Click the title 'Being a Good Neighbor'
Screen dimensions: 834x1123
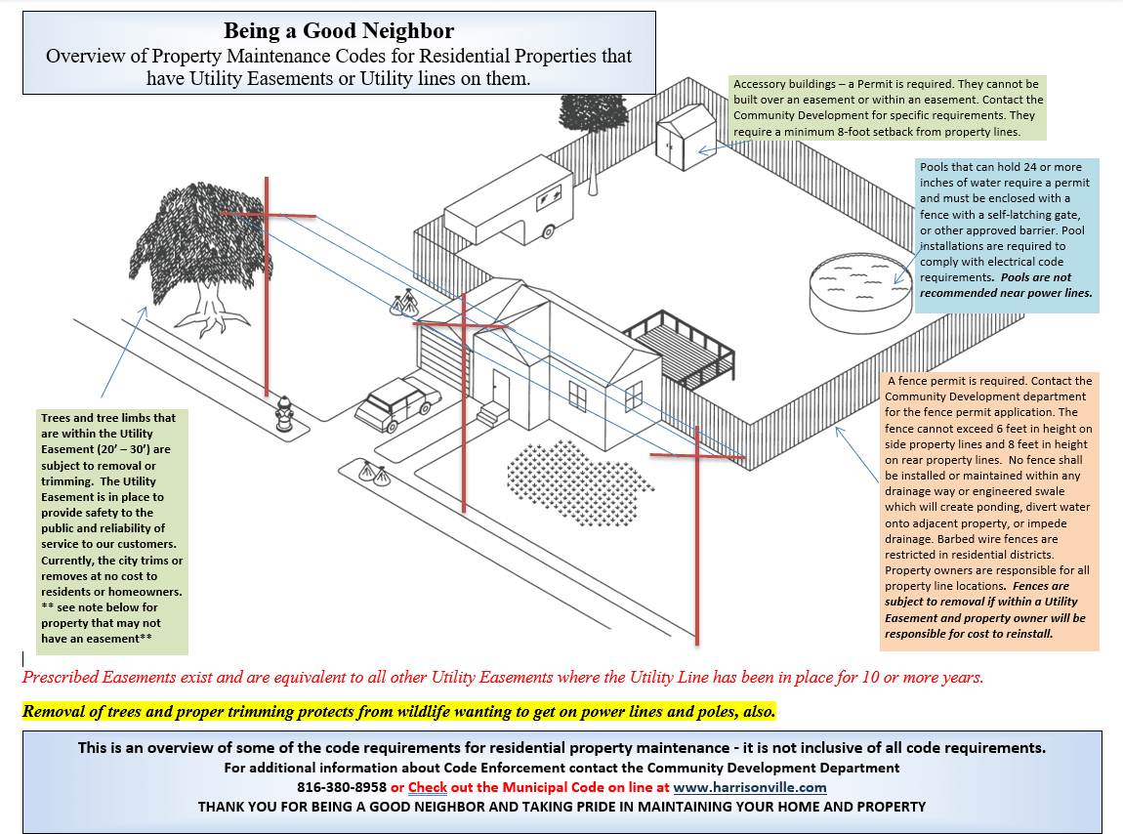point(339,31)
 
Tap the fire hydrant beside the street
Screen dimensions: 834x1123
point(284,413)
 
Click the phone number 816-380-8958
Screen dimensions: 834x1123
point(342,787)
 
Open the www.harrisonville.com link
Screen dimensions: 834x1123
point(749,787)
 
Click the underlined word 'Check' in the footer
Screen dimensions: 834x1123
point(428,787)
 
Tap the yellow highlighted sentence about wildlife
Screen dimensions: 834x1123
point(398,711)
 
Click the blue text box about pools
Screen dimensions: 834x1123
point(1006,236)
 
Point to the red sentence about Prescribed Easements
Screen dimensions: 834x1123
point(502,677)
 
